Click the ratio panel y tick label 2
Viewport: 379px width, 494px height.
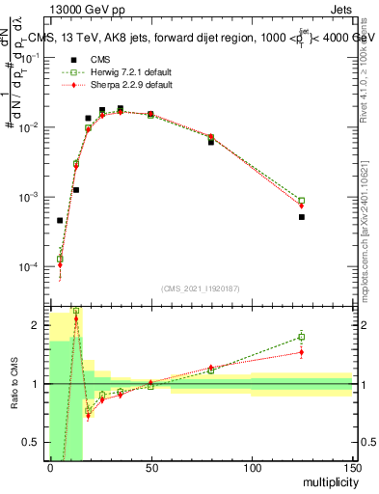pyautogui.click(x=35, y=325)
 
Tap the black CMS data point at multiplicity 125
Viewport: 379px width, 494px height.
pyautogui.click(x=302, y=217)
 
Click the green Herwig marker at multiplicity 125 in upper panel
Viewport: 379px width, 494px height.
pyautogui.click(x=302, y=201)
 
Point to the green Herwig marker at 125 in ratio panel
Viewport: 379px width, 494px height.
pyautogui.click(x=302, y=337)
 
